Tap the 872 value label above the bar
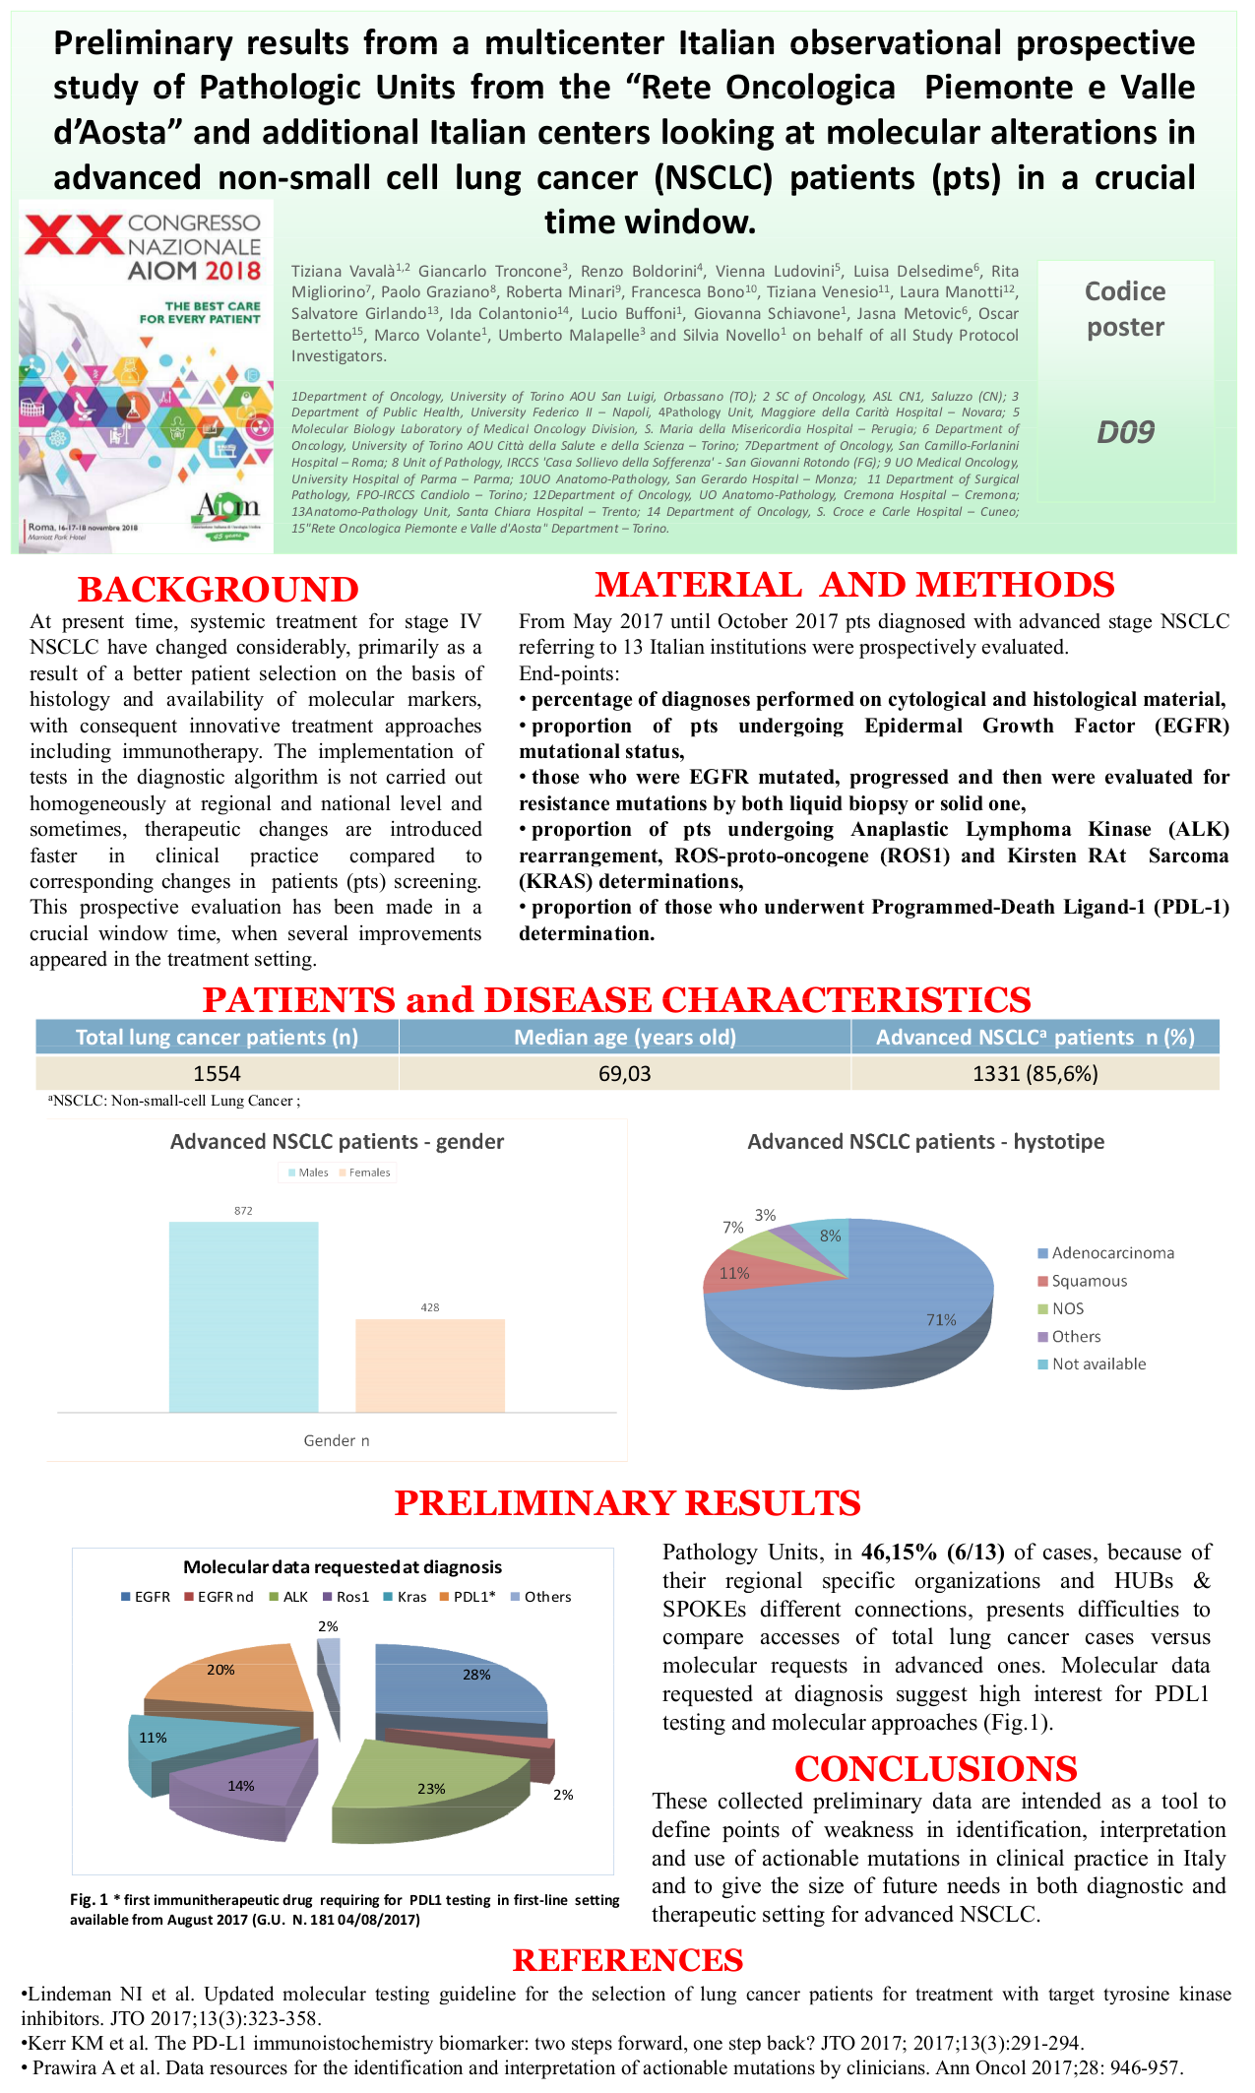point(243,1211)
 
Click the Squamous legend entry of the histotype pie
point(1089,1281)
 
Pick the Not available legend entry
point(1098,1364)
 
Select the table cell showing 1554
point(217,1073)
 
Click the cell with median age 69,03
point(625,1073)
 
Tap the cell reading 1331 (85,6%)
point(1035,1073)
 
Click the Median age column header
point(625,1037)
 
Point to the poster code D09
point(1125,431)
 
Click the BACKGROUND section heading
point(218,589)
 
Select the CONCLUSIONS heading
point(935,1769)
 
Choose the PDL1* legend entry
point(473,1597)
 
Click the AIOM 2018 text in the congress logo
point(194,271)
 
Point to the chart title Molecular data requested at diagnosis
point(343,1567)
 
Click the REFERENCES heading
point(628,1960)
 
